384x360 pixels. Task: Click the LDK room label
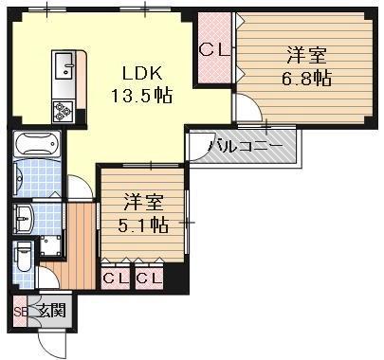point(142,74)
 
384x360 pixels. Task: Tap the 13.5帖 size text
point(141,95)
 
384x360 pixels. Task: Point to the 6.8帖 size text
point(306,78)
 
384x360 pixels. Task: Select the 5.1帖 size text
point(143,225)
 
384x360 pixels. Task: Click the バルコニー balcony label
point(246,147)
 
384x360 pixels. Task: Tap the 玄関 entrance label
point(52,311)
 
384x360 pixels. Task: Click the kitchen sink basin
point(65,65)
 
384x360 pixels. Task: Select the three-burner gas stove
point(63,111)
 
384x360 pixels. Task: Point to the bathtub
point(37,144)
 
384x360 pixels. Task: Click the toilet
point(23,257)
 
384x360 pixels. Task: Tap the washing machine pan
point(50,246)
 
